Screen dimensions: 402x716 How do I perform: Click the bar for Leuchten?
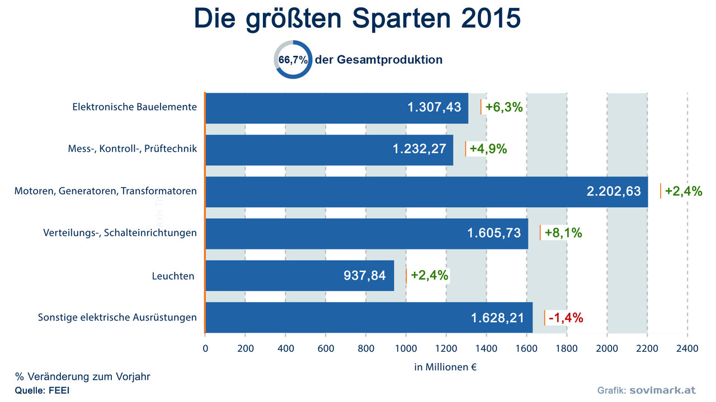click(x=299, y=275)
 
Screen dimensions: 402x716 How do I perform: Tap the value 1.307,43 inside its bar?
click(x=434, y=108)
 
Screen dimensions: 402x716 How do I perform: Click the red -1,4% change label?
click(x=566, y=318)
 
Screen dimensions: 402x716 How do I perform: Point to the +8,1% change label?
click(x=563, y=233)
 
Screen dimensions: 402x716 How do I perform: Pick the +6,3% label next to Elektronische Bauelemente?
click(x=503, y=108)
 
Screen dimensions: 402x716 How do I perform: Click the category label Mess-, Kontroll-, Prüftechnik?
click(x=132, y=149)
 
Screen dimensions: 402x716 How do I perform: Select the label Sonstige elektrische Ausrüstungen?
click(x=117, y=318)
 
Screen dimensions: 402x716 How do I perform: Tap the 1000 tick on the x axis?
click(x=406, y=348)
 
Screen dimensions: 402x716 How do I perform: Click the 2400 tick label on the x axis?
click(x=687, y=348)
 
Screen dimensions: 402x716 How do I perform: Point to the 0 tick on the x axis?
click(x=205, y=348)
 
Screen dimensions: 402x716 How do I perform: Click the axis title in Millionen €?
click(x=445, y=367)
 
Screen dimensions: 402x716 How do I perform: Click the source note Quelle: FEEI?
click(x=42, y=390)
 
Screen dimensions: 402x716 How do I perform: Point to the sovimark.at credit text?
click(x=662, y=390)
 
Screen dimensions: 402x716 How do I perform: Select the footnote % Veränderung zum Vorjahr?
click(x=82, y=377)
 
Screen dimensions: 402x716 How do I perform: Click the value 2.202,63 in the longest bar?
click(x=614, y=192)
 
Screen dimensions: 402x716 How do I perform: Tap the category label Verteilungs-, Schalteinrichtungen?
click(x=120, y=233)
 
